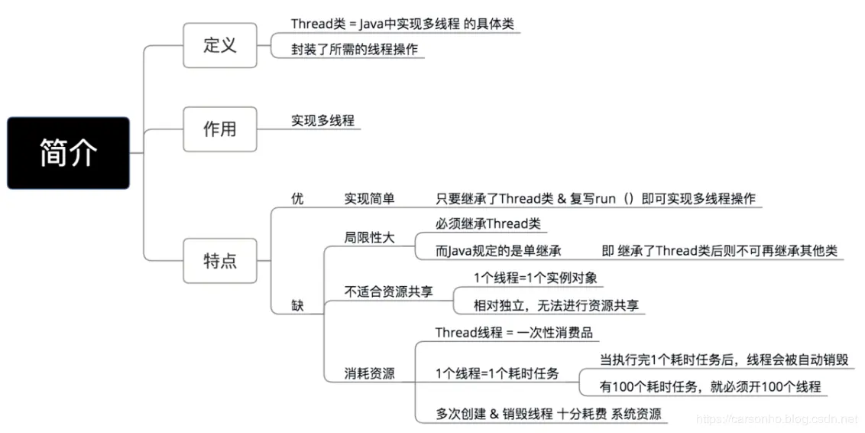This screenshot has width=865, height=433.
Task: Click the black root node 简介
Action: tap(68, 153)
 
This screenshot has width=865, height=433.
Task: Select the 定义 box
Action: tap(219, 45)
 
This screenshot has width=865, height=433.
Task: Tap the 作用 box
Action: tap(219, 129)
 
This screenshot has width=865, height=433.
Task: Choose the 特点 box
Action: tap(219, 261)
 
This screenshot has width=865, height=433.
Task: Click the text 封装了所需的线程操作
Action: tap(355, 49)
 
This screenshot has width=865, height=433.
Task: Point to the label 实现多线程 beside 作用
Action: tap(322, 121)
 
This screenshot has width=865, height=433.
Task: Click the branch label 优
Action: tap(297, 199)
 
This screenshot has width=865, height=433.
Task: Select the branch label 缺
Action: tap(297, 306)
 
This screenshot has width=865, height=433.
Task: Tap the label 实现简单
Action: tap(370, 199)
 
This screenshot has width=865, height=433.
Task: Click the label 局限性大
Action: tap(370, 238)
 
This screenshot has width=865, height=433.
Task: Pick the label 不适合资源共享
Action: tap(388, 291)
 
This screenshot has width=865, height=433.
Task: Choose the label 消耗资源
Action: tap(370, 374)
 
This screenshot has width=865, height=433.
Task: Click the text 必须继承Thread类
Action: tap(488, 224)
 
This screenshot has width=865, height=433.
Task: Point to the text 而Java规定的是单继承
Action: tap(499, 251)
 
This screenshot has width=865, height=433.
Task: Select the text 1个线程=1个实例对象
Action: tap(536, 278)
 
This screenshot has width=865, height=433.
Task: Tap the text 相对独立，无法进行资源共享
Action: tap(556, 305)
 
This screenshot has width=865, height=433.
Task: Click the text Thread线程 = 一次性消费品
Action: tap(513, 333)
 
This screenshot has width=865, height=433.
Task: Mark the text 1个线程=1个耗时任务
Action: tap(497, 374)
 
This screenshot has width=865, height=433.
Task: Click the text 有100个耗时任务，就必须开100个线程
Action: tap(710, 387)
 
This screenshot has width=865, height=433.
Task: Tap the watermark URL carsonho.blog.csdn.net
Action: tap(779, 419)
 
